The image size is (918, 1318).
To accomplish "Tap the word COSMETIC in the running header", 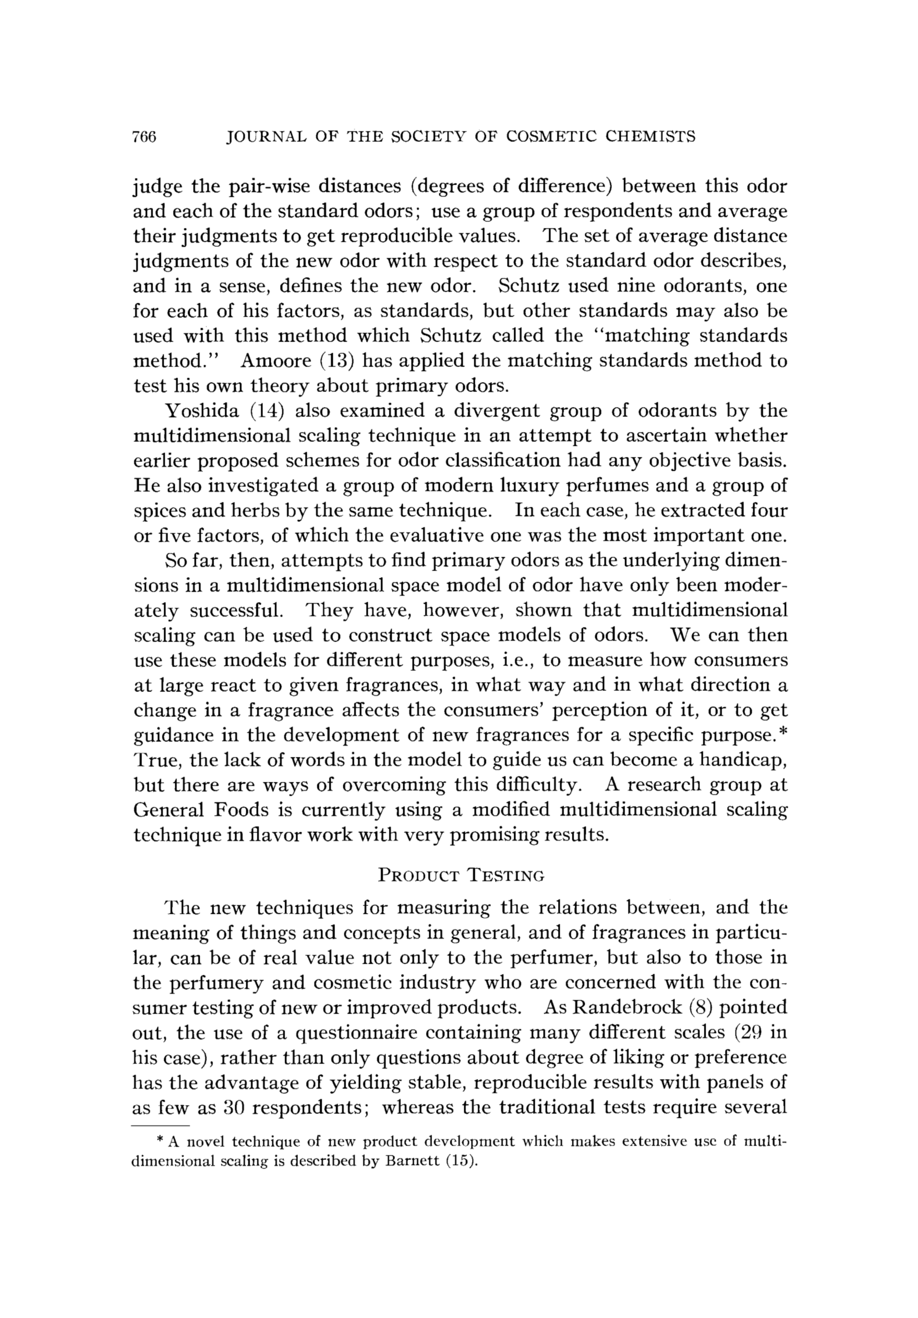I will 552,136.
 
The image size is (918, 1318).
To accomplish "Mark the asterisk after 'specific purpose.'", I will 783,731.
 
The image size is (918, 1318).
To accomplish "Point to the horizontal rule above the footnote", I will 161,1126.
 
